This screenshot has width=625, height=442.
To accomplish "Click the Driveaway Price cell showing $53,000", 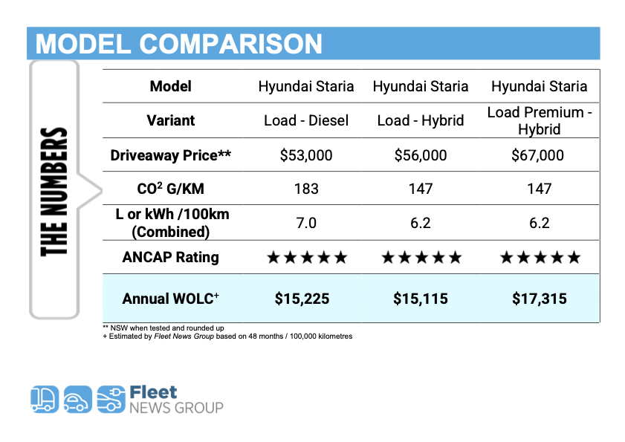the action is (305, 155).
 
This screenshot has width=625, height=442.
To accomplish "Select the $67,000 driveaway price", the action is (537, 155).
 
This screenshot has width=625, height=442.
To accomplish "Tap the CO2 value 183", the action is (306, 189).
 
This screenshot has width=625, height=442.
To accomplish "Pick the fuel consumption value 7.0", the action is (306, 223).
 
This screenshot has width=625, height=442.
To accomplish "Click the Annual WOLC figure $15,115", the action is (421, 299).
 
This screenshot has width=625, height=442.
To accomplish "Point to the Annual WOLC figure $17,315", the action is (540, 299).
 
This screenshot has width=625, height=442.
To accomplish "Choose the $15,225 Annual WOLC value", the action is (302, 299).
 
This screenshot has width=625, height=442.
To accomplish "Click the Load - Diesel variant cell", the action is (306, 120).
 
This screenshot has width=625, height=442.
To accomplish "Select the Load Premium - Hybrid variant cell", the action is (540, 121).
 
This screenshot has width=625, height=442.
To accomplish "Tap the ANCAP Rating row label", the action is (171, 257).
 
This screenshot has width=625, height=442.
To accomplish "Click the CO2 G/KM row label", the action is (171, 188).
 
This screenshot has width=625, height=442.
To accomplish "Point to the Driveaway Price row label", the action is (171, 155).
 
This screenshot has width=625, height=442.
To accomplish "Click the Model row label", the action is (171, 86).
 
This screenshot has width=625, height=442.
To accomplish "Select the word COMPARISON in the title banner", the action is (230, 44).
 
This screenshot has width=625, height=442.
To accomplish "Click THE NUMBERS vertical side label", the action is (54, 192).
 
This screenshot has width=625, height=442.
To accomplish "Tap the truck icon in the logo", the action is (45, 399).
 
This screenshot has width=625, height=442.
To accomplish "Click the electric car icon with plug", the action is (111, 399).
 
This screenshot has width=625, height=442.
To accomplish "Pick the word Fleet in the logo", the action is (153, 392).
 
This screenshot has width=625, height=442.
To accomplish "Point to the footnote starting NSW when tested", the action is (163, 328).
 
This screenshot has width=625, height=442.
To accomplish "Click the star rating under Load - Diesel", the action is (307, 258).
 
